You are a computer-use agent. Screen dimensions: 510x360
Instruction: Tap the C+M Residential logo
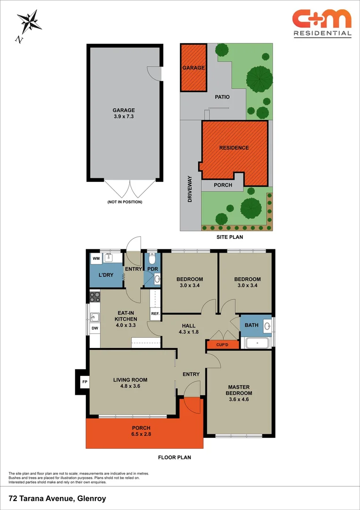(x=322, y=23)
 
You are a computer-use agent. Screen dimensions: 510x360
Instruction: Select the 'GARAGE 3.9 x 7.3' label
(x=124, y=113)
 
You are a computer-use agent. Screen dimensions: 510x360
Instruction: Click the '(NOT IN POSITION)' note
(x=125, y=202)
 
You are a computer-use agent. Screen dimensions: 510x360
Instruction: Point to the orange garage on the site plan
(x=193, y=68)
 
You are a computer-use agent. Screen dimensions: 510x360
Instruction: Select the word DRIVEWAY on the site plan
(x=190, y=189)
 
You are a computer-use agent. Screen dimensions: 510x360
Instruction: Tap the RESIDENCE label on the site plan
(x=234, y=148)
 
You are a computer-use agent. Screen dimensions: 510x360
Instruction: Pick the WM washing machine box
(x=96, y=258)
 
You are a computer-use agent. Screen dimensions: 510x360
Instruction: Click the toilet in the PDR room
(x=152, y=259)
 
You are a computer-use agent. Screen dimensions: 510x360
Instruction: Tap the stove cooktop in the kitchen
(x=95, y=297)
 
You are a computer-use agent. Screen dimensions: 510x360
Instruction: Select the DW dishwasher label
(x=94, y=328)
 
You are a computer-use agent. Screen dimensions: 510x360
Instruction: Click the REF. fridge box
(x=155, y=314)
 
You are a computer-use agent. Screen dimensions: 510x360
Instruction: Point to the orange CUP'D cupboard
(x=222, y=345)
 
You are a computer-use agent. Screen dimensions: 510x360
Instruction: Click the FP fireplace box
(x=84, y=382)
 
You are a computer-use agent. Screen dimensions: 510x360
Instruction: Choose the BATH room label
(x=251, y=325)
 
